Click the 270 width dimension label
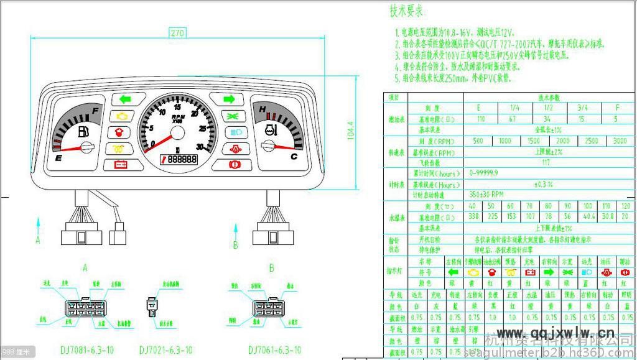(x=177, y=32)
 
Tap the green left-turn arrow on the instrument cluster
(x=124, y=98)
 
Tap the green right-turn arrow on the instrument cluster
(x=228, y=98)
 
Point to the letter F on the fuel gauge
(x=95, y=112)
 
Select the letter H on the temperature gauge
(x=263, y=111)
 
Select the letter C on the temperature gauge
(x=294, y=157)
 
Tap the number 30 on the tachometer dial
(x=199, y=147)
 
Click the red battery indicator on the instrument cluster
(x=119, y=165)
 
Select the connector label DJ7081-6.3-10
(x=87, y=349)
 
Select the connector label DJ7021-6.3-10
(x=165, y=349)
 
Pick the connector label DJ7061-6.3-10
(x=274, y=349)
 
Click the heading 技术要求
(x=407, y=11)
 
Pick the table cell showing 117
(x=546, y=163)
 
